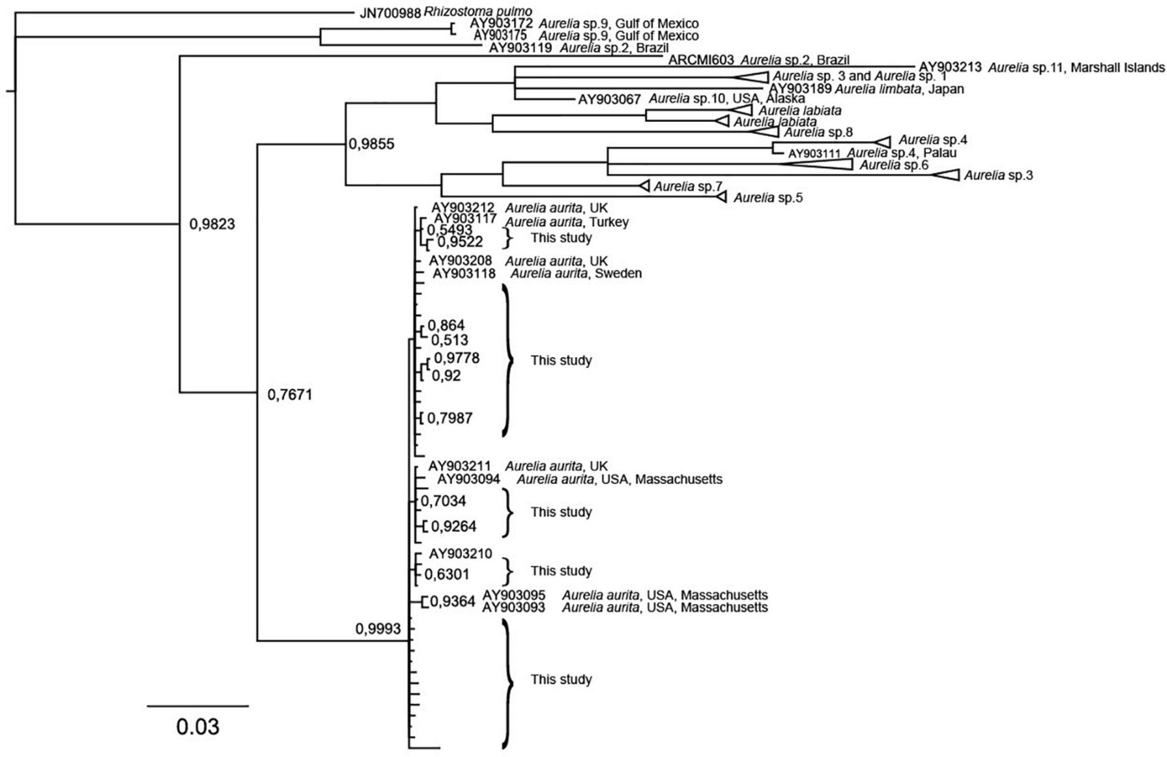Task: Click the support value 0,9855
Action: pos(371,144)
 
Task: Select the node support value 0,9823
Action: pos(212,225)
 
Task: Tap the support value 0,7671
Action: pos(289,395)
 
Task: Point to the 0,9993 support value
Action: pos(378,629)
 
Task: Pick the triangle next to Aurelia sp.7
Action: pos(645,186)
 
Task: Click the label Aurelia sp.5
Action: pos(768,198)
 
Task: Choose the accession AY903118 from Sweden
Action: pos(464,273)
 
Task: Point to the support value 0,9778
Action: pos(457,358)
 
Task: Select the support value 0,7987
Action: pos(450,418)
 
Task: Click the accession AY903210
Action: pos(460,554)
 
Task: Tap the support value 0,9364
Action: pos(453,601)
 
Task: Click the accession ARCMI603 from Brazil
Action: pos(701,60)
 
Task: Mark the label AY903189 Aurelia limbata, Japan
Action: pos(865,89)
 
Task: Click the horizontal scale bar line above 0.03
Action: pos(197,706)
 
